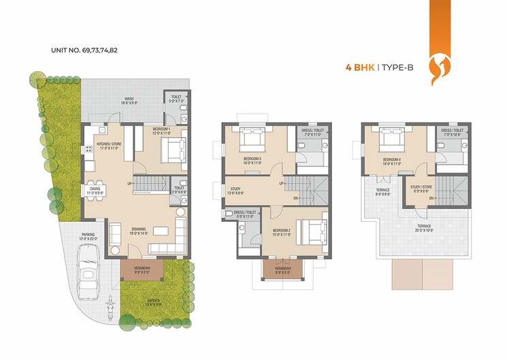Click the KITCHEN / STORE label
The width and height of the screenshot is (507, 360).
point(108,146)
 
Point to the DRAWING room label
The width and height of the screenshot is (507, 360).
point(139,231)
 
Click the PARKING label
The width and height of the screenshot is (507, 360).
point(88,237)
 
